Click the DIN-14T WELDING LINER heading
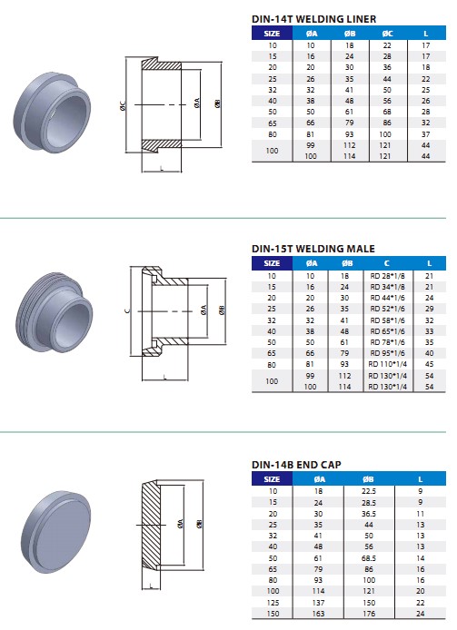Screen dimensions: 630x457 (x=313, y=19)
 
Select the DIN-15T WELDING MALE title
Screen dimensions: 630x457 (x=312, y=248)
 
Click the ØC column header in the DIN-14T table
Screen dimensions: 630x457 (x=387, y=33)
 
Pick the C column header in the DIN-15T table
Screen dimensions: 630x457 (x=387, y=263)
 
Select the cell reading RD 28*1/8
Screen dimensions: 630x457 (x=387, y=275)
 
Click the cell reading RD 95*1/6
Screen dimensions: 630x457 (x=387, y=352)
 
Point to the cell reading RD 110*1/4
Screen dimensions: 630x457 (x=387, y=363)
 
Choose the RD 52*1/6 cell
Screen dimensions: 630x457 (x=387, y=308)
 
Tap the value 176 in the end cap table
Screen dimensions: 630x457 (x=368, y=613)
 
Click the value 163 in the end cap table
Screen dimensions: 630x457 (x=318, y=613)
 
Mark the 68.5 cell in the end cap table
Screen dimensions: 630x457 (x=368, y=558)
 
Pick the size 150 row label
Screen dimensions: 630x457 (x=272, y=613)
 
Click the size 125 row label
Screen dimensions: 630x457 (x=272, y=602)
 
